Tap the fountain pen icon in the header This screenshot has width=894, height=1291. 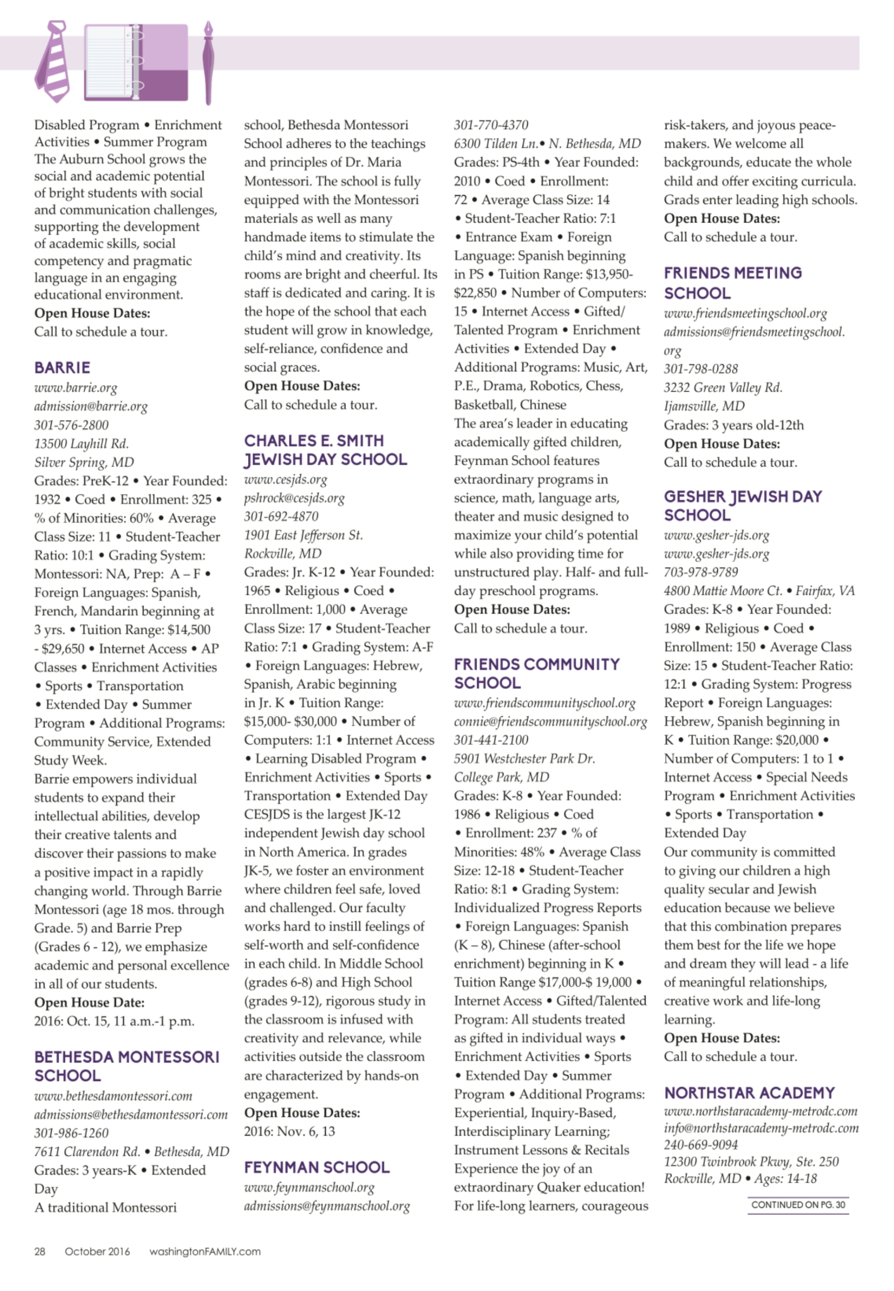pos(208,63)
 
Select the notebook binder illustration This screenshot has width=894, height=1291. pos(136,62)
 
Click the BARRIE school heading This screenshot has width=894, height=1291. pos(62,368)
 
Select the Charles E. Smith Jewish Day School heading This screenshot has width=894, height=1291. pos(325,450)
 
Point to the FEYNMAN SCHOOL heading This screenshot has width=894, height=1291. pos(316,1167)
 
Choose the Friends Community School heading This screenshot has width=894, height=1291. pos(536,673)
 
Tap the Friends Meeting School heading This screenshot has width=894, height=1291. pos(732,283)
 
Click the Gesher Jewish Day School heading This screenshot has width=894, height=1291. pos(743,505)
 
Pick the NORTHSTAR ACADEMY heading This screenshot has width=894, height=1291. pos(749,1093)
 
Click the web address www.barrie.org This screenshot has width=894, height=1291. pos(76,388)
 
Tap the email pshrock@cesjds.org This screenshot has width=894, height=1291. pos(294,498)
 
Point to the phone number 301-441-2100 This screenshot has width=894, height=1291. pos(491,740)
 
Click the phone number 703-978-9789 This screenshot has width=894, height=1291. pos(701,572)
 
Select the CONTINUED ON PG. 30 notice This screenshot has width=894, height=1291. pos(798,1205)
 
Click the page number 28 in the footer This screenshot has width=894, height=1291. pos(40,1251)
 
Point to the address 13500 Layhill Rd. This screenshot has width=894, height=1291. pos(81,444)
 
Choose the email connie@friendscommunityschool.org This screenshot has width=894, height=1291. pos(550,722)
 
